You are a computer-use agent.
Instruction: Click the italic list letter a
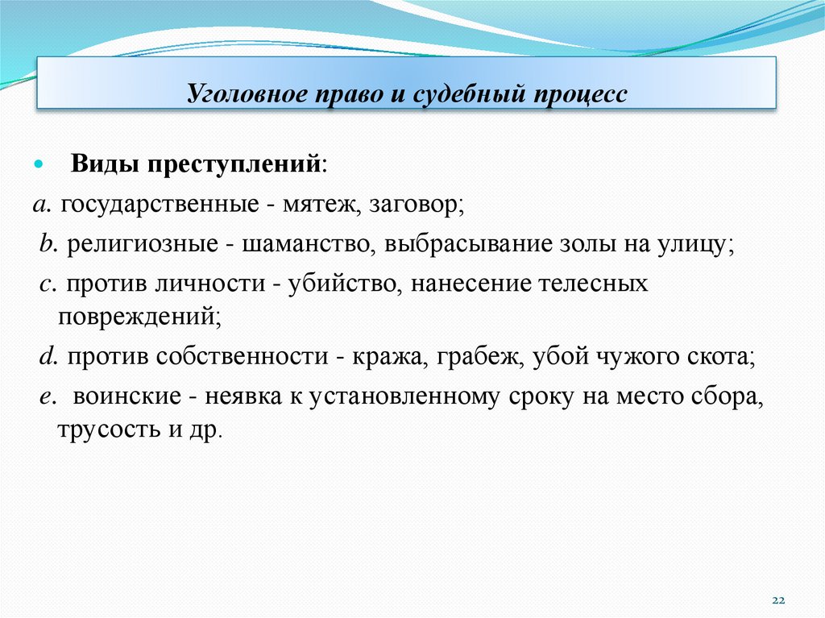[39, 204]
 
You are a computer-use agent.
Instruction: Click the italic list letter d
[45, 357]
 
